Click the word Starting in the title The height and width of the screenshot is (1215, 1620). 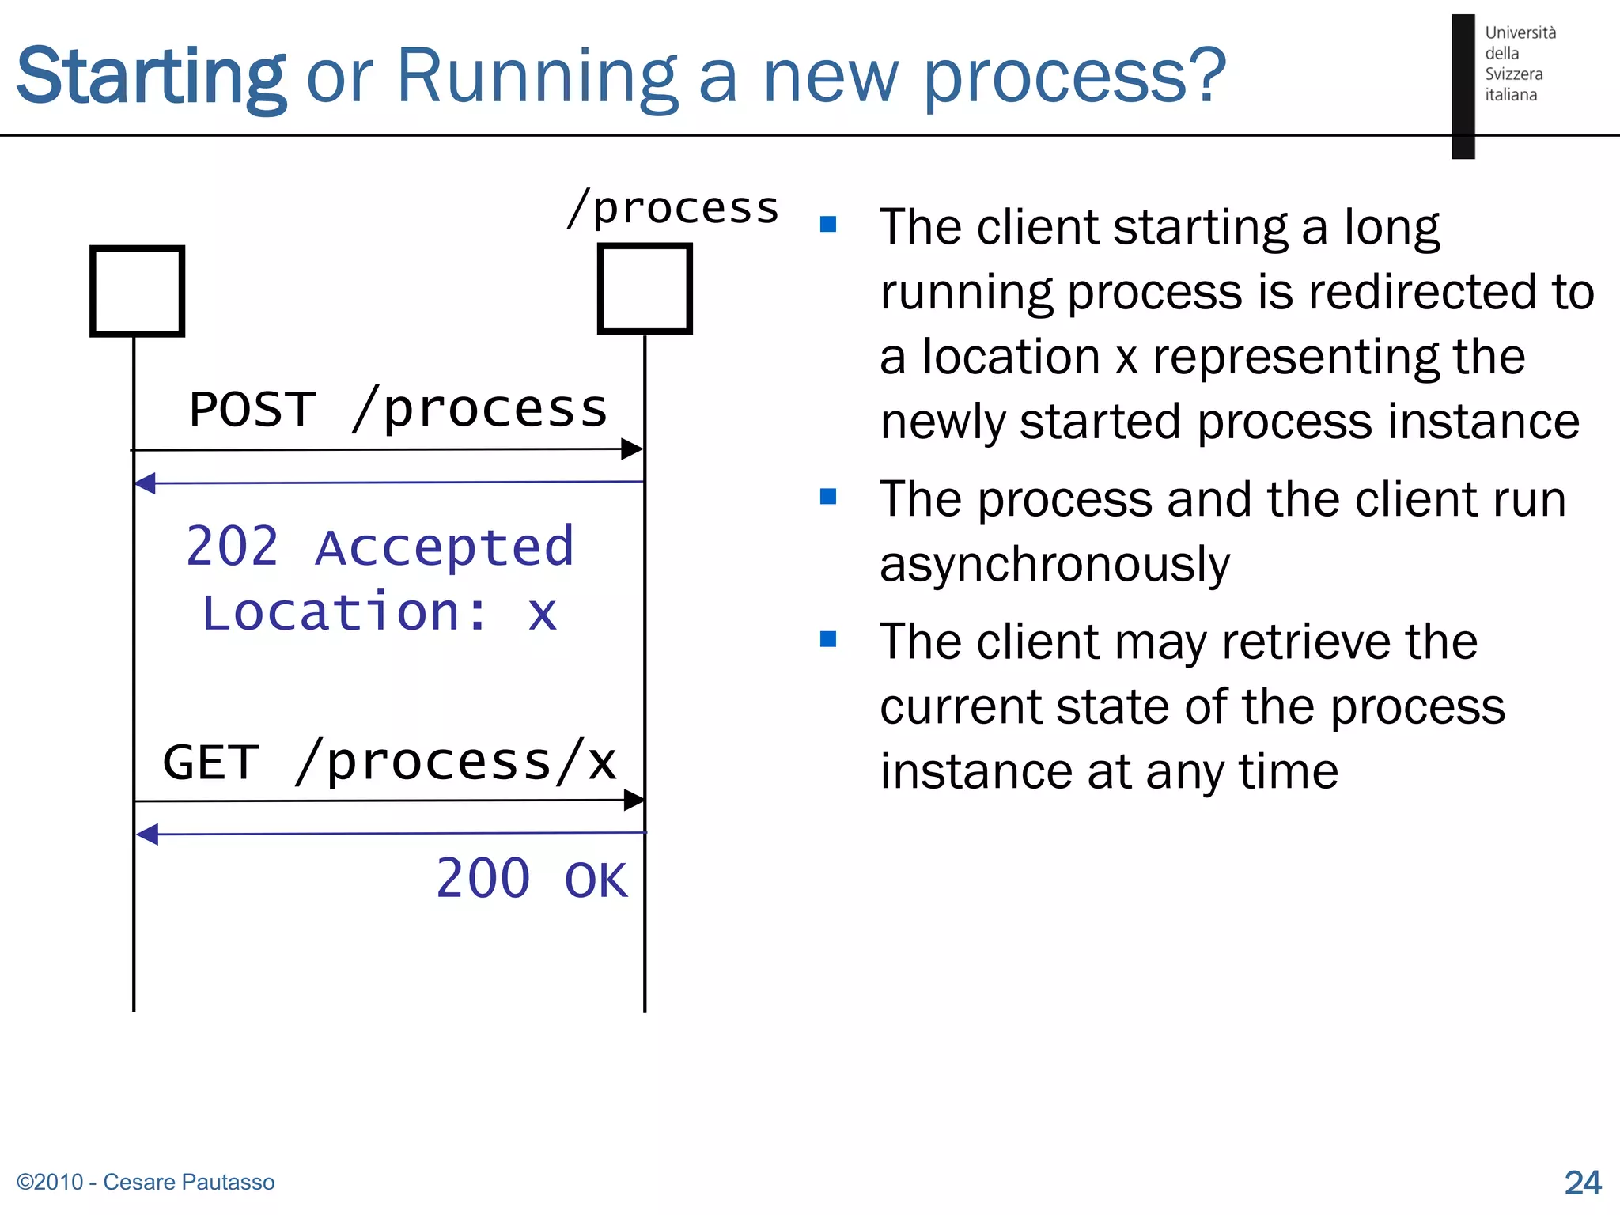pyautogui.click(x=150, y=77)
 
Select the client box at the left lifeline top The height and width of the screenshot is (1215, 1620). pyautogui.click(x=138, y=291)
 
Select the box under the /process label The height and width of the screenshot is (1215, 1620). pyautogui.click(x=645, y=289)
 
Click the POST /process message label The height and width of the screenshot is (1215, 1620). pyautogui.click(x=398, y=410)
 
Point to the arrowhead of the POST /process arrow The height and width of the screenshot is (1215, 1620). pyautogui.click(x=632, y=449)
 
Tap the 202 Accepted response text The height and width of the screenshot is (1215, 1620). pyautogui.click(x=380, y=547)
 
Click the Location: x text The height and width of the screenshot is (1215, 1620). pyautogui.click(x=380, y=612)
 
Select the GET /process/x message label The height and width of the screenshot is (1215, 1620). pyautogui.click(x=389, y=763)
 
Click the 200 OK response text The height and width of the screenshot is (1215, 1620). pyautogui.click(x=532, y=879)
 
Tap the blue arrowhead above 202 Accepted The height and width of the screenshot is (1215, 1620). pyautogui.click(x=145, y=483)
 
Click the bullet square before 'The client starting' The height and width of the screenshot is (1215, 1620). pyautogui.click(x=828, y=225)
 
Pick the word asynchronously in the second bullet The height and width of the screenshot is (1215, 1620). pyautogui.click(x=1054, y=565)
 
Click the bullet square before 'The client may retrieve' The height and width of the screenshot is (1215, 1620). pyautogui.click(x=828, y=639)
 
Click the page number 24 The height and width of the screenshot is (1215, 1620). pyautogui.click(x=1582, y=1183)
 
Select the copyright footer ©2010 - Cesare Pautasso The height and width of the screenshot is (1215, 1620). pyautogui.click(x=146, y=1182)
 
